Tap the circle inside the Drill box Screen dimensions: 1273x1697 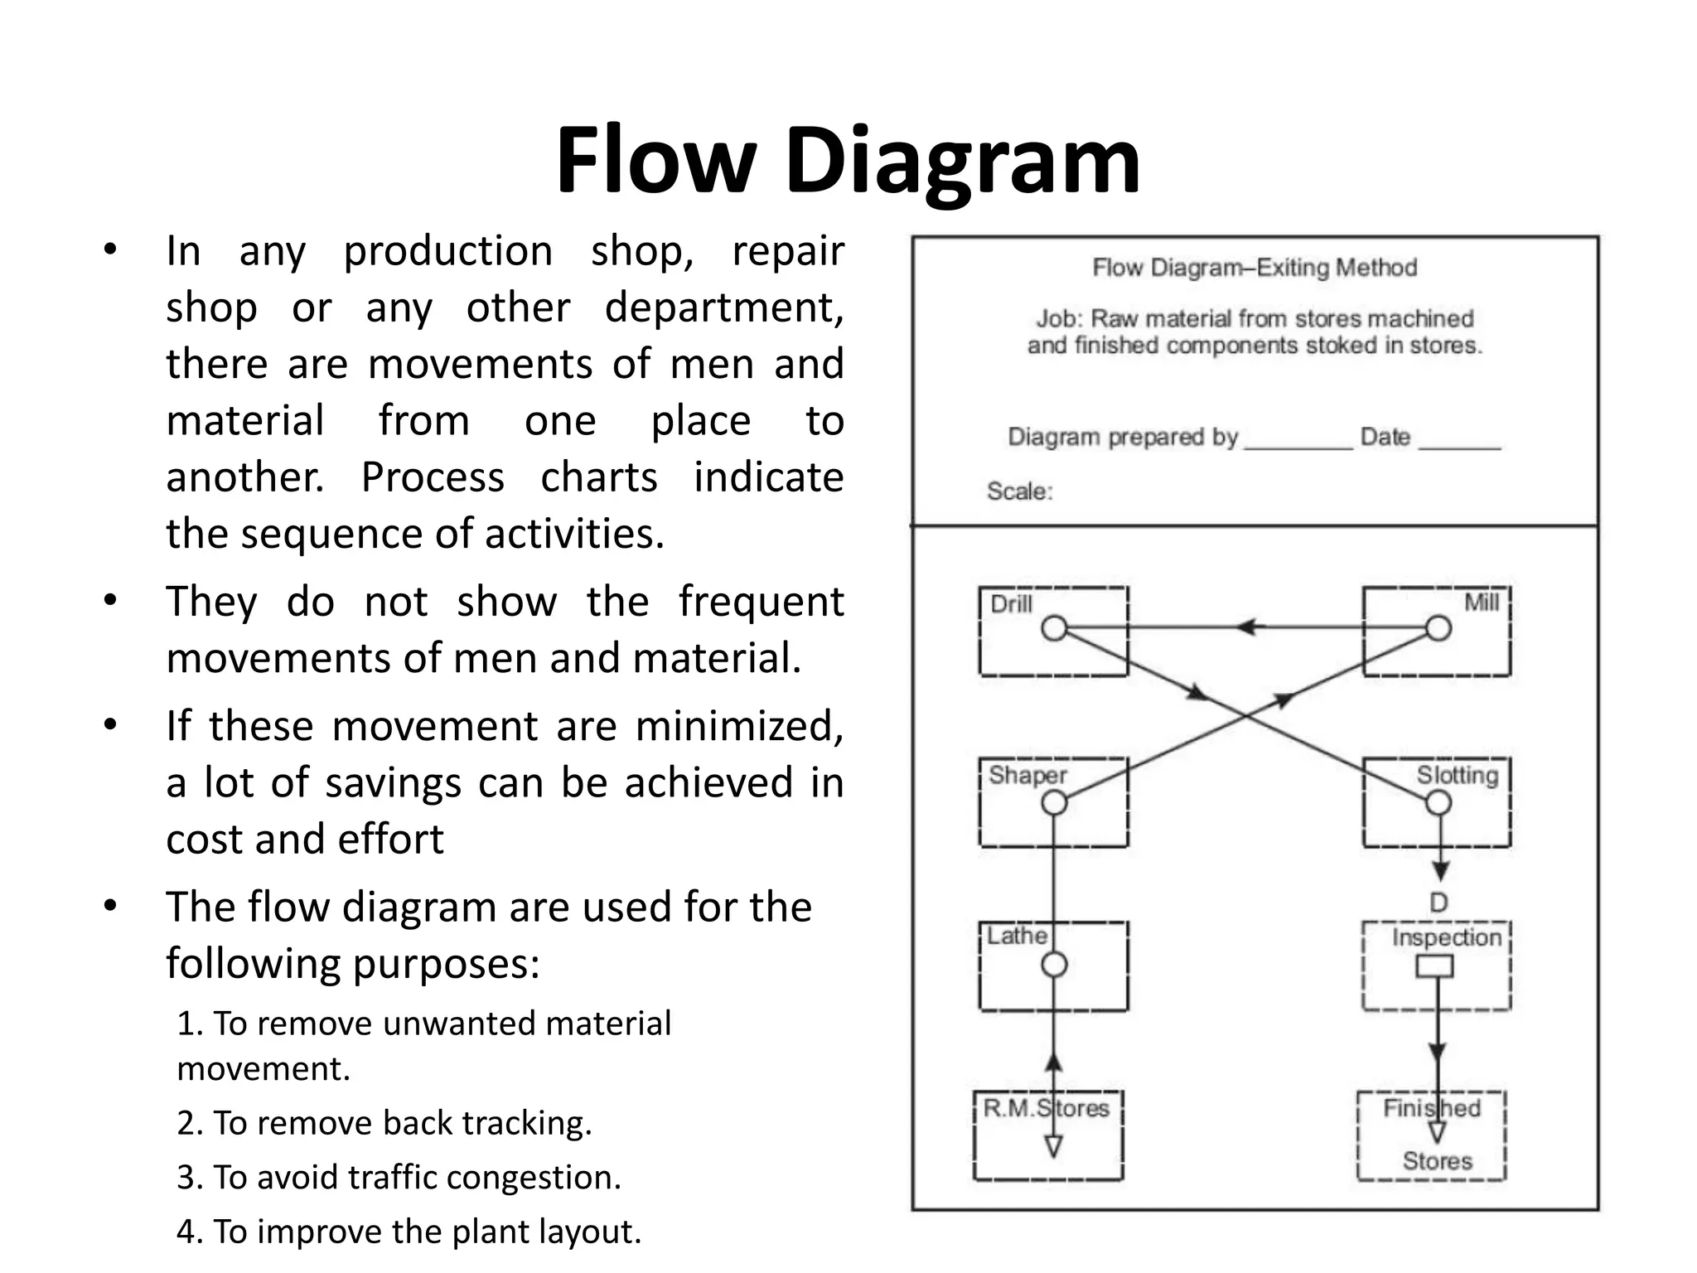pos(1054,628)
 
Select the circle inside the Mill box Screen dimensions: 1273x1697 pos(1438,628)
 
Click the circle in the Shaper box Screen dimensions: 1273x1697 pos(1054,802)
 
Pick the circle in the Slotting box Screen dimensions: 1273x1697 pos(1438,802)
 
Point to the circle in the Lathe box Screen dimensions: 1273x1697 pos(1054,965)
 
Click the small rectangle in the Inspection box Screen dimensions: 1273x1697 pos(1434,966)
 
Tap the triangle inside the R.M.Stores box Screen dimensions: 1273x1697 pos(1053,1147)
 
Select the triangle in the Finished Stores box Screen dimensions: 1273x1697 pos(1438,1131)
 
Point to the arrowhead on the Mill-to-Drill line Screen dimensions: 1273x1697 pos(1245,627)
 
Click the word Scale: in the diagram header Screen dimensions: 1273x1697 pos(1020,491)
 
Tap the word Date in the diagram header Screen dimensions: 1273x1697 pos(1385,437)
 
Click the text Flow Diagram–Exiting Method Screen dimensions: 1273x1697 pos(1255,268)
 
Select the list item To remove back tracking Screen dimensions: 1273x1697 pos(385,1123)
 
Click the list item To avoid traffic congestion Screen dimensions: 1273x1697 pos(399,1178)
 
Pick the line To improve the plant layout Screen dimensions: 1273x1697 pos(409,1232)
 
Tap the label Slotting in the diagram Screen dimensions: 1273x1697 pos(1457,775)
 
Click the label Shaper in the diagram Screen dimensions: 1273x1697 pos(1027,775)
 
